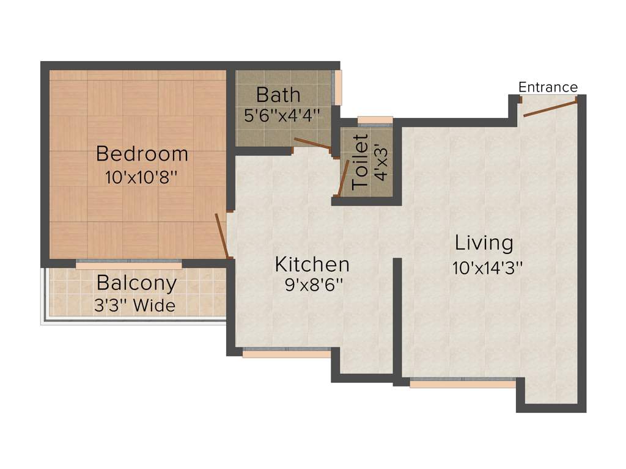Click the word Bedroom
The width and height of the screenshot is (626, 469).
[x=142, y=153]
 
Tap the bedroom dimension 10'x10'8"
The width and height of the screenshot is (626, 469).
[x=141, y=177]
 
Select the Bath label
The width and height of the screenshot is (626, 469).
[x=278, y=95]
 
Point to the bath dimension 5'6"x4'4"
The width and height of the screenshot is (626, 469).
[x=282, y=116]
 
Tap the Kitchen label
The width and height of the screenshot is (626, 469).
[x=312, y=264]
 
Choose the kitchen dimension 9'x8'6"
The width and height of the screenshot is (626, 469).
[x=313, y=286]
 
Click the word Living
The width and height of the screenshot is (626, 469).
[x=484, y=243]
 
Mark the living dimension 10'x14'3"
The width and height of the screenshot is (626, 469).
[x=487, y=267]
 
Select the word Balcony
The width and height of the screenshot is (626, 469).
[x=137, y=283]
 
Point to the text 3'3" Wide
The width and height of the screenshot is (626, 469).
[x=134, y=305]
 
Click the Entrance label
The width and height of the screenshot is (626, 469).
[x=548, y=87]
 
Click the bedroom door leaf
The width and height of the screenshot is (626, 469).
[x=222, y=236]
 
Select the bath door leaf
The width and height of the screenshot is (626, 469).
[x=313, y=144]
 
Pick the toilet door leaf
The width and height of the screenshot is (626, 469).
[x=344, y=178]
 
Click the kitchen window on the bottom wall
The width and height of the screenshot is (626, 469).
[x=287, y=352]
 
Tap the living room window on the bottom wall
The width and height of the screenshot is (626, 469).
[x=463, y=384]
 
